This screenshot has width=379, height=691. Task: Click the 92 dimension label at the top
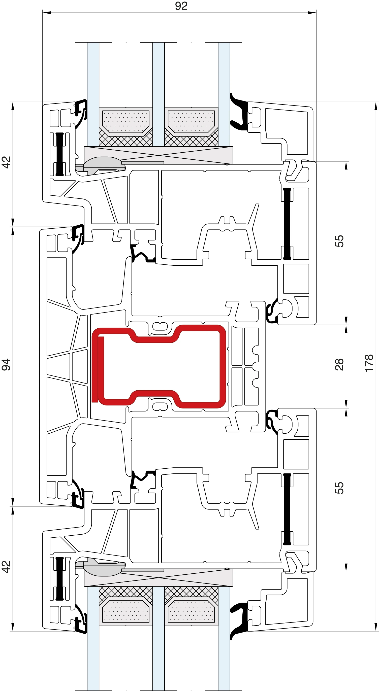pyautogui.click(x=181, y=6)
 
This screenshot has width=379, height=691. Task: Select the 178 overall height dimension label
pyautogui.click(x=369, y=363)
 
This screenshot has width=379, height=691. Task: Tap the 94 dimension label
pyautogui.click(x=6, y=364)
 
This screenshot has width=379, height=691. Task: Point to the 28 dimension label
pyautogui.click(x=339, y=364)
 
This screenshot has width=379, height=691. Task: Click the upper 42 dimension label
pyautogui.click(x=6, y=162)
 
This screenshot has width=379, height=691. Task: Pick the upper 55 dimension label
pyautogui.click(x=339, y=241)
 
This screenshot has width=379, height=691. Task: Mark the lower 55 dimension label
pyautogui.click(x=339, y=488)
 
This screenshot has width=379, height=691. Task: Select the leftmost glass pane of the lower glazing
pyautogui.click(x=93, y=639)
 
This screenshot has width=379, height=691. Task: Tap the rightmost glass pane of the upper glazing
pyautogui.click(x=224, y=94)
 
